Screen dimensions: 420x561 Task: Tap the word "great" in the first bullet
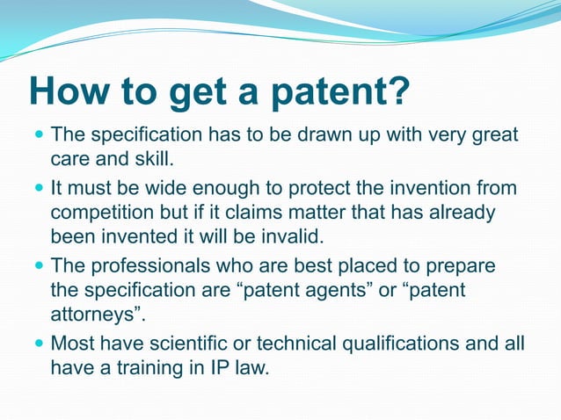[x=493, y=136]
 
